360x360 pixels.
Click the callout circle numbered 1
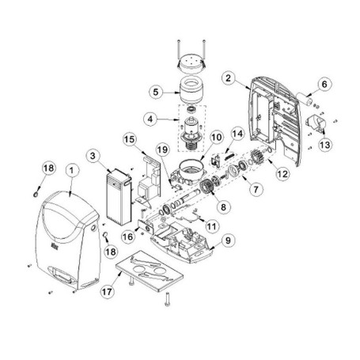(72, 171)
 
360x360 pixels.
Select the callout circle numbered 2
(229, 78)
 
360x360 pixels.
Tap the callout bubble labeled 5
(156, 92)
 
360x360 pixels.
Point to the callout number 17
(107, 292)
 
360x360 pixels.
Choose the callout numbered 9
(228, 241)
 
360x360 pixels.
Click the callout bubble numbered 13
(324, 145)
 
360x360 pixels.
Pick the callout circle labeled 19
(162, 150)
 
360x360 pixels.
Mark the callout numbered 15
(130, 139)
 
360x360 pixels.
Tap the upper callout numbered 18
(49, 168)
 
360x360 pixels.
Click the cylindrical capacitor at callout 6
(305, 99)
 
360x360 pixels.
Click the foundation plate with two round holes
(150, 271)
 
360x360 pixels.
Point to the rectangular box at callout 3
(119, 197)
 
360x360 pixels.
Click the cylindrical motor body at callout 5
(191, 92)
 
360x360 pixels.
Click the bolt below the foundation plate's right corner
(167, 300)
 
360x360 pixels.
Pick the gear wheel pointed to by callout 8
(206, 186)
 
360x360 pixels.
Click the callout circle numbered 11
(212, 226)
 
